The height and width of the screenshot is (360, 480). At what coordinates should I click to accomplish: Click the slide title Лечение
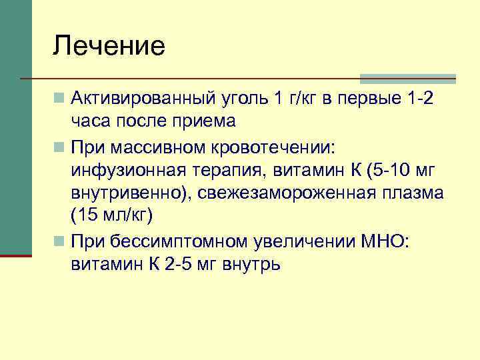[x=109, y=47]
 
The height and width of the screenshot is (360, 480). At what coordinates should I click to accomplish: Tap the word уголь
[x=242, y=100]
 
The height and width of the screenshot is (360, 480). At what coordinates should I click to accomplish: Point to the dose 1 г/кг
[x=299, y=100]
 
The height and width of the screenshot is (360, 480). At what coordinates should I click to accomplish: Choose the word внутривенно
[x=122, y=193]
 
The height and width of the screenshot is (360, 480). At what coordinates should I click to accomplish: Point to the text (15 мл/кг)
[x=111, y=216]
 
